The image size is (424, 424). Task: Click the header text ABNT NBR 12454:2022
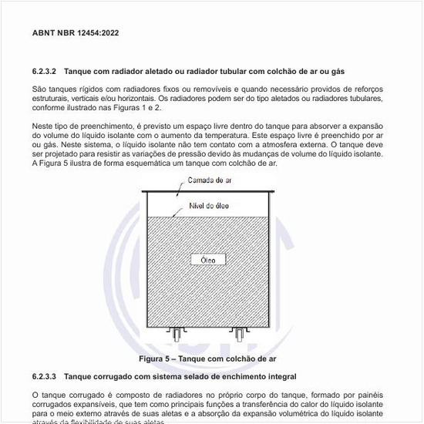(x=76, y=34)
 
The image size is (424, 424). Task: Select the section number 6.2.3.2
(x=45, y=72)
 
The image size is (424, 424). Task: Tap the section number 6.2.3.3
(x=45, y=376)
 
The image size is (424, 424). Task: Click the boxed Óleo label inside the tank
(x=208, y=260)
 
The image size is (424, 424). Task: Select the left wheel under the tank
(x=179, y=335)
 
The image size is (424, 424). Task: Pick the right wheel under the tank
(x=240, y=335)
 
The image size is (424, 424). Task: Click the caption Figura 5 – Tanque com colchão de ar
(x=207, y=359)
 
